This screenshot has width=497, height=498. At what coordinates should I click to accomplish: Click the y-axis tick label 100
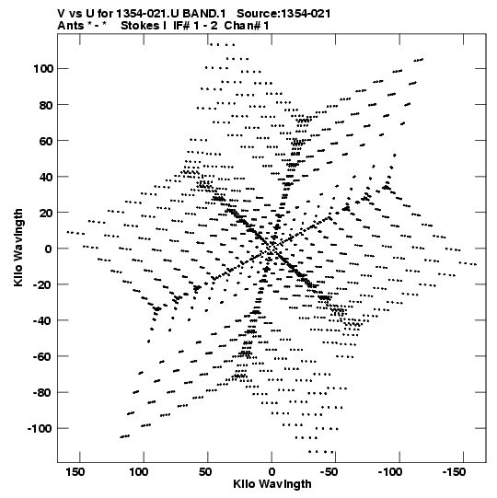point(43,69)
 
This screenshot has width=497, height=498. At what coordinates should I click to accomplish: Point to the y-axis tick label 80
point(46,105)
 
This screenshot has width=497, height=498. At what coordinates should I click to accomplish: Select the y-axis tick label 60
point(46,141)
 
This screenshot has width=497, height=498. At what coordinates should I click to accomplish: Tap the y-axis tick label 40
point(46,178)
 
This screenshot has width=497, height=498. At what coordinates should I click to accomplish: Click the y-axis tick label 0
point(49,249)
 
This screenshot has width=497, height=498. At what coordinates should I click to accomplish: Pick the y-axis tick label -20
point(43,284)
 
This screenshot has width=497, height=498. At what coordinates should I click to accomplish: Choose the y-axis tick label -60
point(43,357)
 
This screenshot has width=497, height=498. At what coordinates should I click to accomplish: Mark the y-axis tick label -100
point(40,429)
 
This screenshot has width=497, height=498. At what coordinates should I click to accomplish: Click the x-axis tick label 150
point(75,472)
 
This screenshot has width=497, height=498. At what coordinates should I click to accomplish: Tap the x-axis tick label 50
point(205,472)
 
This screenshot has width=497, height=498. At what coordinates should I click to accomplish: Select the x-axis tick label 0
point(272,472)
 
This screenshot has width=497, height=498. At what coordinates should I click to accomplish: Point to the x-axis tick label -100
point(390,472)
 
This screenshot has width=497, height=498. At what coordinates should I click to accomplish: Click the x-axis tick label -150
point(454,472)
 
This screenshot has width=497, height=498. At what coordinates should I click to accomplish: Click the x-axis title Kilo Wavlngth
point(272,484)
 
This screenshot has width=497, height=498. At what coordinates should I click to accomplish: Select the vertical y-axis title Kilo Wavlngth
point(18,248)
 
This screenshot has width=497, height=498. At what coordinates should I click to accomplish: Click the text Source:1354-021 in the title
point(283,14)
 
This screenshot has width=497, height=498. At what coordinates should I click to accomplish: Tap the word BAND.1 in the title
point(204,14)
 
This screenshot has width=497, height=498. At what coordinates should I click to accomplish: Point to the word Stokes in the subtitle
point(140,26)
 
